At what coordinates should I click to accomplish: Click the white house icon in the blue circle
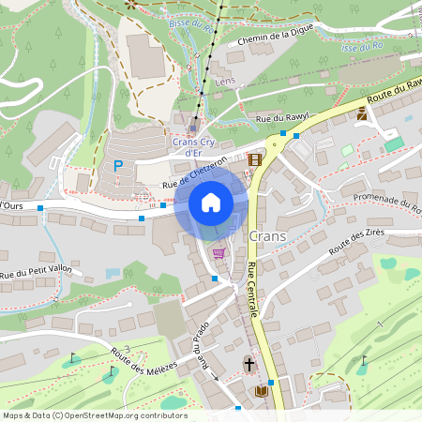pos(211,203)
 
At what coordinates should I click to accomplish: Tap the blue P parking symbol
pos(118,166)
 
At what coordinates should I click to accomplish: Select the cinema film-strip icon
pos(255,158)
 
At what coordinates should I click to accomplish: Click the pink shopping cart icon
pos(219,252)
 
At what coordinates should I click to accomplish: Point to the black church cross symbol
pos(249,363)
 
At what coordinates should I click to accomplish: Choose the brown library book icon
pos(261,390)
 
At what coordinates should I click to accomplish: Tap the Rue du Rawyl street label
pos(281,119)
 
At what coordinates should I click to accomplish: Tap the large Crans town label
pos(268,236)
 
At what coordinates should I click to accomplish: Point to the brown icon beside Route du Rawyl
pos(361,113)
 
